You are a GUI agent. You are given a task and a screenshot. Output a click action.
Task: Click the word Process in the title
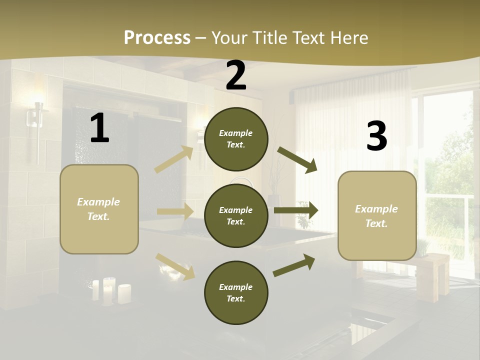click(157, 37)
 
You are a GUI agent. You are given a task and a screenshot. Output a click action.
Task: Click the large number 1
click(99, 128)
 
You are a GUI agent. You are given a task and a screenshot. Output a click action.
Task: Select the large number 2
click(236, 75)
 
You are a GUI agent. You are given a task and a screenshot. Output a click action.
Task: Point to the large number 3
click(376, 136)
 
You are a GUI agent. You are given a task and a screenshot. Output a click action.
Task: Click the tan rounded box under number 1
click(99, 209)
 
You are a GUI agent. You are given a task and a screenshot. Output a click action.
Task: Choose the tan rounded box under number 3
click(377, 215)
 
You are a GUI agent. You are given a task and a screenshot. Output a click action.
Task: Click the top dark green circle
click(236, 139)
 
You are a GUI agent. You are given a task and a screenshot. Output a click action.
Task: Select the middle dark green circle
click(236, 215)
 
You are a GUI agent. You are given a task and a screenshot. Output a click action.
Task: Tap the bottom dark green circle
click(236, 292)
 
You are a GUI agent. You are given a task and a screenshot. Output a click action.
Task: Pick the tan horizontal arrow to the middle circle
click(175, 211)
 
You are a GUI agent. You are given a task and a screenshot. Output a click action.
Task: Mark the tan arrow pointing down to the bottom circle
click(175, 266)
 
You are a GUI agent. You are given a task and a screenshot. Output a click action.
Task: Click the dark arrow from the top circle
click(297, 160)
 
